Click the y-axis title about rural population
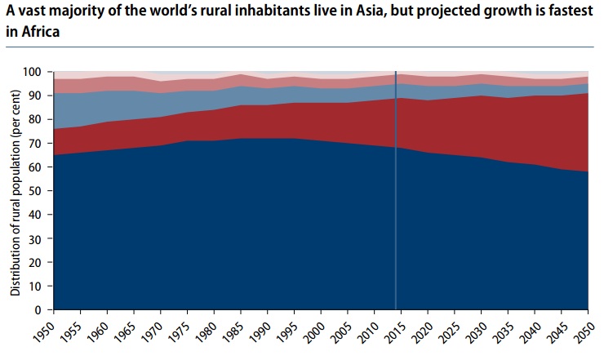coord(16,190)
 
